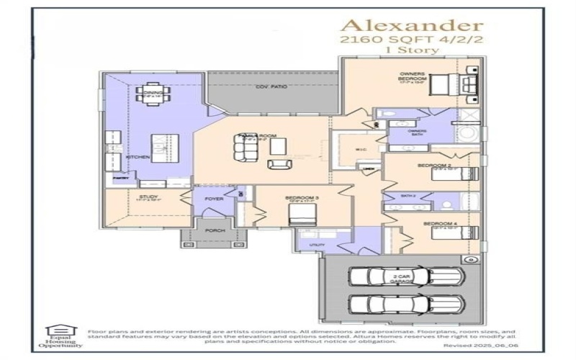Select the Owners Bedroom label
click(x=413, y=75)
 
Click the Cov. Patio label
click(x=267, y=87)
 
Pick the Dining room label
click(x=152, y=92)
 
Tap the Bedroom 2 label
click(x=434, y=166)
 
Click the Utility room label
click(x=317, y=245)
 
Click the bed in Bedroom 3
click(x=302, y=215)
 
